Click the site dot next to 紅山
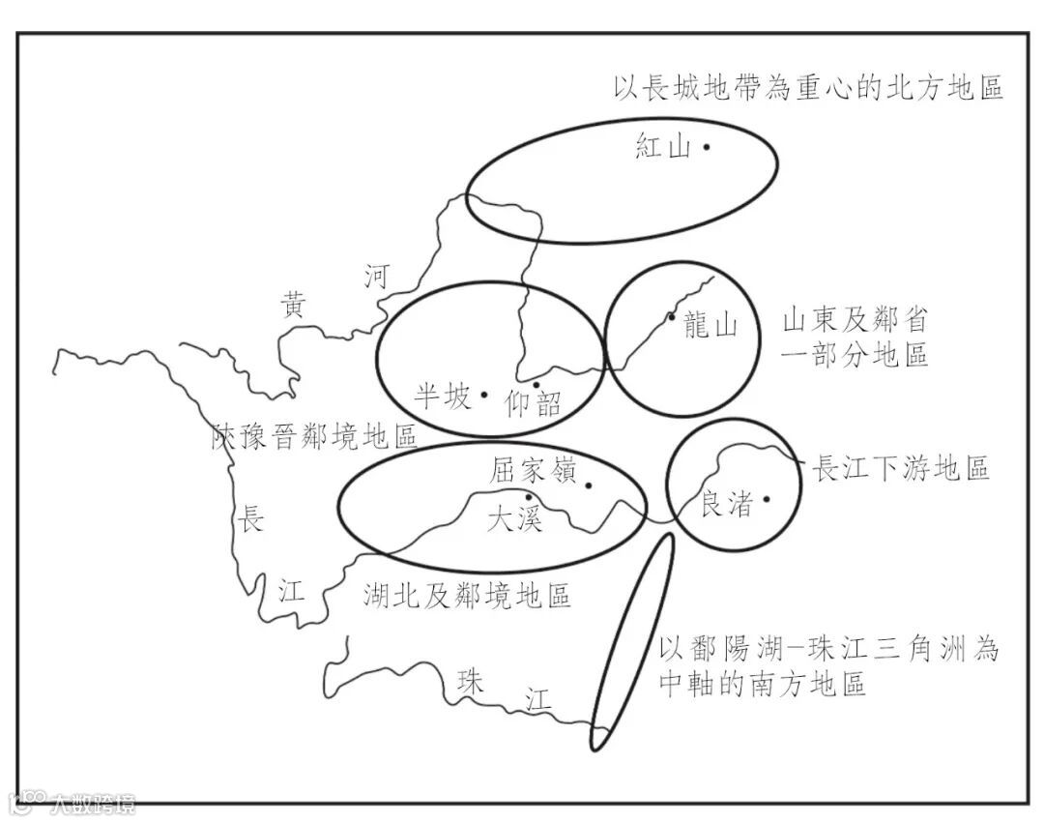(x=707, y=147)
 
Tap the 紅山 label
(x=663, y=148)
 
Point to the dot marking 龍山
(x=671, y=316)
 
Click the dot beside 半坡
(x=484, y=395)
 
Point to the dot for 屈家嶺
(x=589, y=485)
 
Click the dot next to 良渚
(x=767, y=499)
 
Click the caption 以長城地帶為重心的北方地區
(x=809, y=88)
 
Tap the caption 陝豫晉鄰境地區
(x=315, y=436)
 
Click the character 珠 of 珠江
(x=471, y=680)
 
